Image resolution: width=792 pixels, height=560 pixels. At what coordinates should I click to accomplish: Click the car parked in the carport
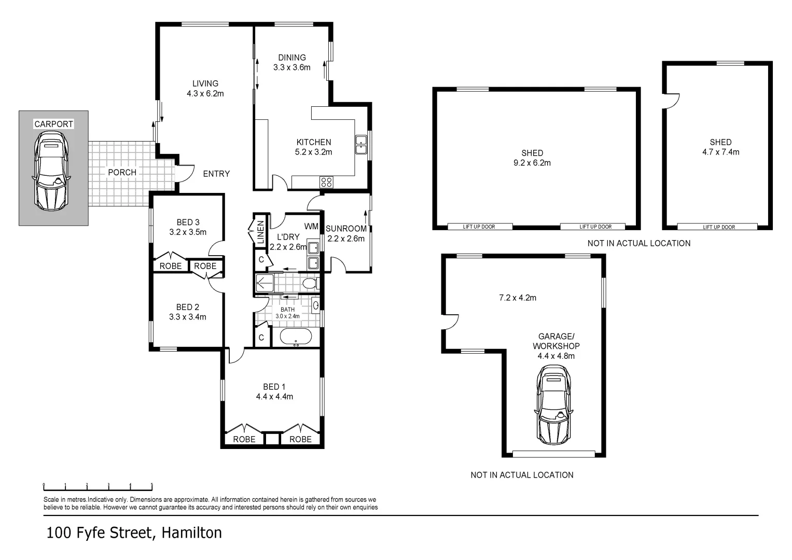coord(51,171)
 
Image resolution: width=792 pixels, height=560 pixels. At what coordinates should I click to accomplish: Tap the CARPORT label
coord(53,124)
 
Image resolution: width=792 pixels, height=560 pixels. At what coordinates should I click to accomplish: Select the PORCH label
coord(122,172)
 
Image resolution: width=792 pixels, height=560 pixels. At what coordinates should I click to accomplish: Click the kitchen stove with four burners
coord(326,182)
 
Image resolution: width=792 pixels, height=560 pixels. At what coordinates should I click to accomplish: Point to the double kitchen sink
coord(361,145)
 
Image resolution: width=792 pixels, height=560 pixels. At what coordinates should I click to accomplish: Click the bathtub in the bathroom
coord(296,337)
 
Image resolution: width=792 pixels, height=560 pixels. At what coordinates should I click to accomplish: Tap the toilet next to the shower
coord(310,284)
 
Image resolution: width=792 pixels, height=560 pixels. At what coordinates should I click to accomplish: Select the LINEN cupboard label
coord(260,232)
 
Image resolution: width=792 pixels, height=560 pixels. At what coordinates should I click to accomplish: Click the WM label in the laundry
coord(311,226)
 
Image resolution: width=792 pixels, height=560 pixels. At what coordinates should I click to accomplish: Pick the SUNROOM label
coord(346,229)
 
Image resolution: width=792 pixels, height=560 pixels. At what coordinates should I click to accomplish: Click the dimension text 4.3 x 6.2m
coord(205,94)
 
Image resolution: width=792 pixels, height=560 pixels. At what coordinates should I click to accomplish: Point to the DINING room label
coord(292,58)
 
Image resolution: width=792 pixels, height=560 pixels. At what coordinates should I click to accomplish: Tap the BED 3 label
coord(188,222)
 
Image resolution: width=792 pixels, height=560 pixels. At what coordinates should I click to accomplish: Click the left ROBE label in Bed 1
coord(244,439)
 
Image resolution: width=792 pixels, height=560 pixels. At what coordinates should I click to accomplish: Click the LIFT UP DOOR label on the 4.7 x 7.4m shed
coord(719,227)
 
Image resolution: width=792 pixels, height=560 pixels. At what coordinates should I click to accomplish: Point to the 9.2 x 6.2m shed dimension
coord(532,163)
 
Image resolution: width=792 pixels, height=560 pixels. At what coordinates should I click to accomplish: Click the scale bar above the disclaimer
coord(98,487)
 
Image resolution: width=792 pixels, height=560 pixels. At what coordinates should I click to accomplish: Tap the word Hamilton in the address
coord(191,533)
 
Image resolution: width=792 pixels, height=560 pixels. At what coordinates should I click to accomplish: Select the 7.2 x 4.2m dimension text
coord(518,298)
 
